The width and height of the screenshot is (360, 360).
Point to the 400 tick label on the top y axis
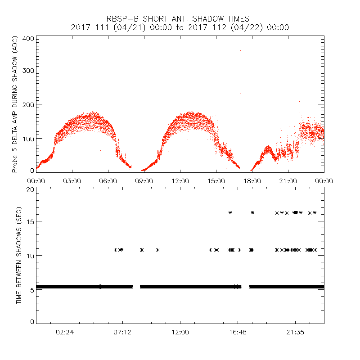pyautogui.click(x=28, y=38)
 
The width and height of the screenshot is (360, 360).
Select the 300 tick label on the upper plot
pyautogui.click(x=28, y=70)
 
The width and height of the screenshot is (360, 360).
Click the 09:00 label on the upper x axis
pyautogui.click(x=144, y=180)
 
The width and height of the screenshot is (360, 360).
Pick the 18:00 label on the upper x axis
pyautogui.click(x=252, y=180)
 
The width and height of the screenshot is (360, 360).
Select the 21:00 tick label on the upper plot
pyautogui.click(x=288, y=180)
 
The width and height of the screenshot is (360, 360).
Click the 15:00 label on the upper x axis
pyautogui.click(x=216, y=180)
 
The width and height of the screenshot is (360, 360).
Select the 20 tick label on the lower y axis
pyautogui.click(x=30, y=189)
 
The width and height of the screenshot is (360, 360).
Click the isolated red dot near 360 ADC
pyautogui.click(x=241, y=51)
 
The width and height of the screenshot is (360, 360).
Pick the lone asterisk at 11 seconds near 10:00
pyautogui.click(x=158, y=250)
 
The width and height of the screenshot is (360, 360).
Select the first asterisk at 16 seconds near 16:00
pyautogui.click(x=230, y=212)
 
